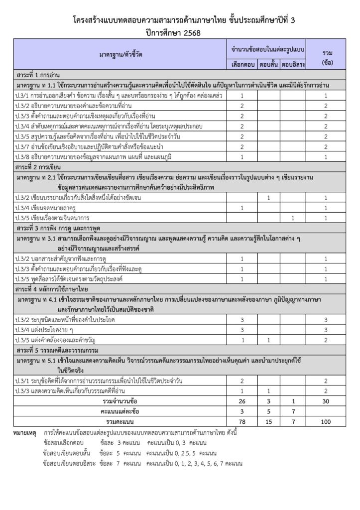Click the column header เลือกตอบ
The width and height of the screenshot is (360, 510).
coord(242,65)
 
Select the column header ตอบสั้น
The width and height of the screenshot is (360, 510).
coord(268,65)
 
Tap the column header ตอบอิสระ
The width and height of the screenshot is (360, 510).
coord(293,65)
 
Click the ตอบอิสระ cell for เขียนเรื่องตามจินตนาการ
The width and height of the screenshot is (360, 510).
coord(293,217)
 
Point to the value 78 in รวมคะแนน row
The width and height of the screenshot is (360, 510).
coord(242,421)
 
